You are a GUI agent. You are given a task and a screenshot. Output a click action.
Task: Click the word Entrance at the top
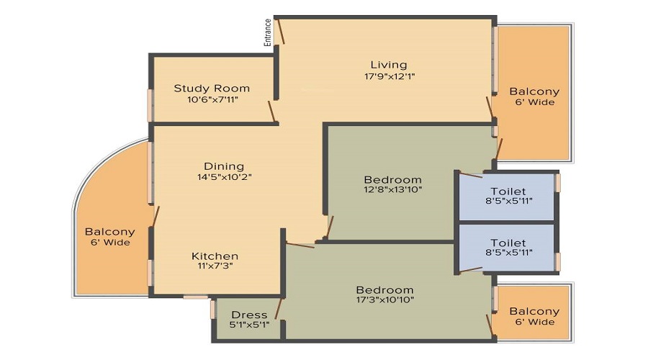(x=268, y=32)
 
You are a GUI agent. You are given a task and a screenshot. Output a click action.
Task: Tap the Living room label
(x=389, y=65)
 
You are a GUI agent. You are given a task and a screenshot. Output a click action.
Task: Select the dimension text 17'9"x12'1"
(x=389, y=76)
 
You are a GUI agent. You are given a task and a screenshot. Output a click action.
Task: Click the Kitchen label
(x=215, y=256)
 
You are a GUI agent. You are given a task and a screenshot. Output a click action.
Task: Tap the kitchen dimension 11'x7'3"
(x=215, y=267)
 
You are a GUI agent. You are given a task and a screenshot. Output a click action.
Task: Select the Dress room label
(x=249, y=315)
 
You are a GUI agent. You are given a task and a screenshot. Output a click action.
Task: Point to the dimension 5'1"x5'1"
(x=249, y=325)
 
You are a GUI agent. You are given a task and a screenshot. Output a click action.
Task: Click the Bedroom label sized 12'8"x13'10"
(x=392, y=179)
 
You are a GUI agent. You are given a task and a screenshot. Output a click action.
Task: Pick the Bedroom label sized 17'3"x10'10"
(x=385, y=289)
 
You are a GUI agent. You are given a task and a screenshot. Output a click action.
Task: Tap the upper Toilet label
(x=508, y=191)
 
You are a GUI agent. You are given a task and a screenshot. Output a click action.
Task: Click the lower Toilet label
(x=508, y=243)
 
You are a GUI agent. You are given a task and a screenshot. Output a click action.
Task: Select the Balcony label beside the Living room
(x=534, y=91)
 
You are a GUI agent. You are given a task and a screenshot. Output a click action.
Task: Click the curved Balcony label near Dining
(x=109, y=232)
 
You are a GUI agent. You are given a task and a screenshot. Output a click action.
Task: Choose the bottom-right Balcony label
(x=534, y=311)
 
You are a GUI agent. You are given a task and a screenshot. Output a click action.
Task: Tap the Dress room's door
(x=278, y=308)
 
